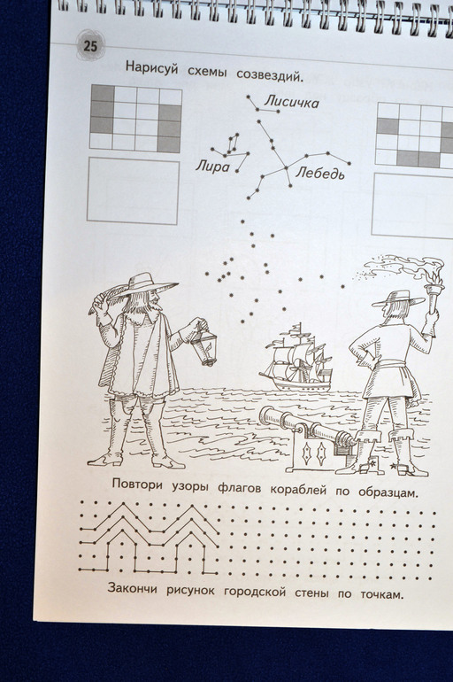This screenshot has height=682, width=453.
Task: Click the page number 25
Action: click(90, 46)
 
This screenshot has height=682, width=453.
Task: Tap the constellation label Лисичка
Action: click(292, 102)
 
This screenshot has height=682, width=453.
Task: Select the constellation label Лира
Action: click(212, 166)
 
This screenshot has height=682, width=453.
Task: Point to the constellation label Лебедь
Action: click(320, 173)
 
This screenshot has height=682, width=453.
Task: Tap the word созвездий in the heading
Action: click(269, 74)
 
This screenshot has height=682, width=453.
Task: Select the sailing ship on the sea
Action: click(296, 358)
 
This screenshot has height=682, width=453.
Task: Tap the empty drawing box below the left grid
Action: click(134, 190)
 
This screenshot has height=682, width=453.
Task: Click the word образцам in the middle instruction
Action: click(388, 492)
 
